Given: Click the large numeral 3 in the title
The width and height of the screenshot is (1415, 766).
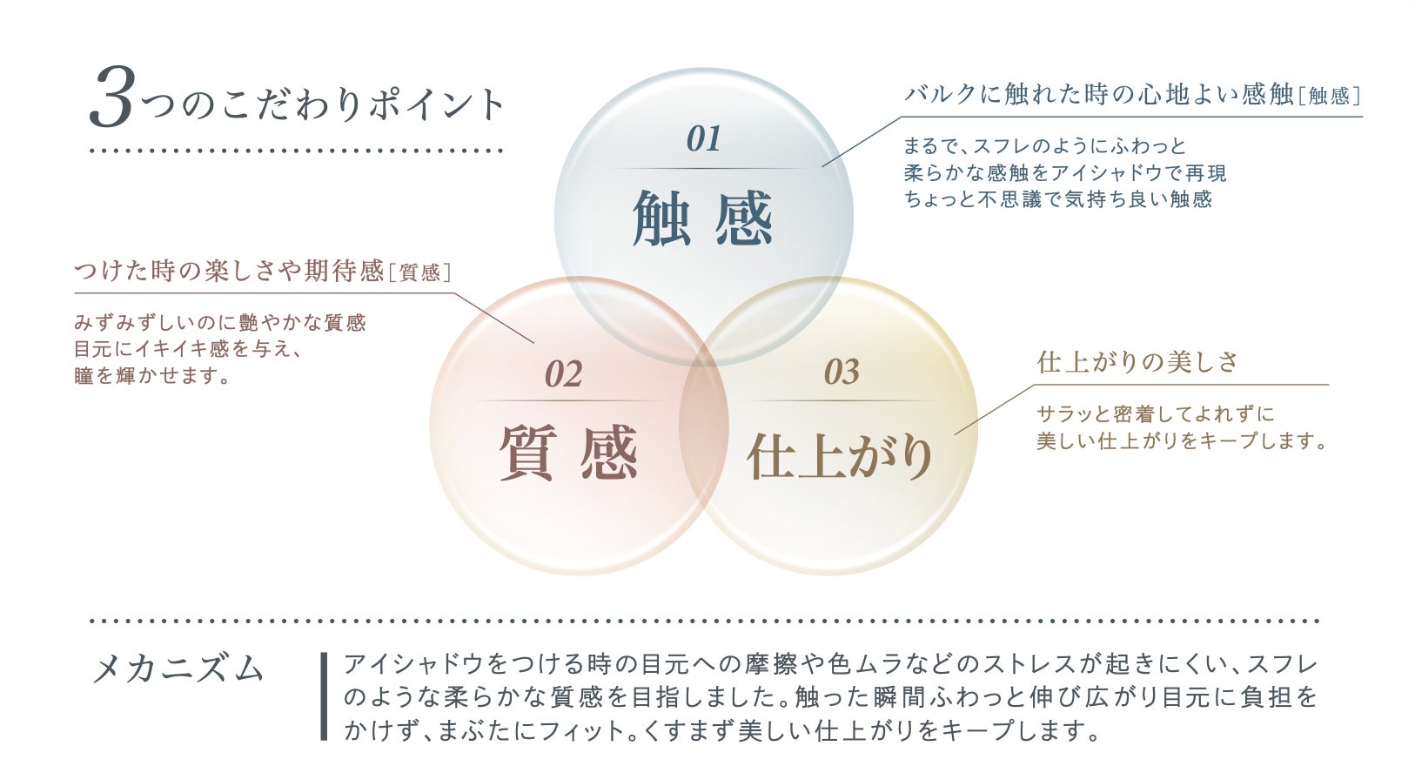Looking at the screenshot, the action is pyautogui.click(x=112, y=99).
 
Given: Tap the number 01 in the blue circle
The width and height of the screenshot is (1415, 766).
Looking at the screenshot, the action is pyautogui.click(x=703, y=139).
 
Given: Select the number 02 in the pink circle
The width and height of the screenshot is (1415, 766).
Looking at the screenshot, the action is pyautogui.click(x=563, y=375).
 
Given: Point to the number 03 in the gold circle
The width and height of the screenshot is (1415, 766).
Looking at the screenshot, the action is pyautogui.click(x=842, y=373).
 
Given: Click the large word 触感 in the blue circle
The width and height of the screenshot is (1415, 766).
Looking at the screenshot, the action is pyautogui.click(x=702, y=218).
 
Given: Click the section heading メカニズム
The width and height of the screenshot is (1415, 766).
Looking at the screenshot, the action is pyautogui.click(x=178, y=669).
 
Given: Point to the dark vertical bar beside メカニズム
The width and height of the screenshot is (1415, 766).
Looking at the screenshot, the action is pyautogui.click(x=325, y=696).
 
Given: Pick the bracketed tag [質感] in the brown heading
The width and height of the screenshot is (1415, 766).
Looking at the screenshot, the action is pyautogui.click(x=419, y=273).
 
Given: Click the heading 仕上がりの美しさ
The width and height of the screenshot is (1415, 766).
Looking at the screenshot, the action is pyautogui.click(x=1137, y=362).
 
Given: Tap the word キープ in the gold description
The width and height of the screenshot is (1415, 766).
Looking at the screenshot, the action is pyautogui.click(x=1230, y=441).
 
